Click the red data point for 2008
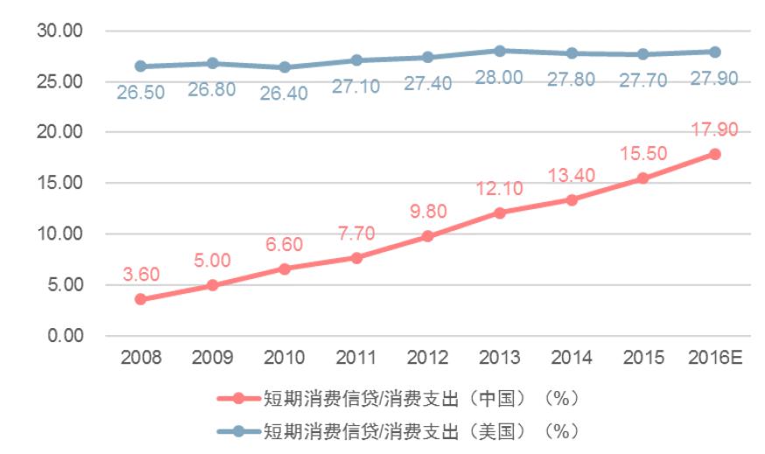(141, 299)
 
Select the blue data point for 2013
(499, 51)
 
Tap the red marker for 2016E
(715, 154)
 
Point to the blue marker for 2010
(284, 67)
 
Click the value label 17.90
(713, 129)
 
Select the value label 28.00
(499, 77)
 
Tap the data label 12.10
(500, 189)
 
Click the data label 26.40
(284, 93)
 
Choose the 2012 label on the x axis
(428, 358)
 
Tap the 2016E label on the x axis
(715, 358)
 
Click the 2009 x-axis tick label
(213, 358)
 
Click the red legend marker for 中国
(237, 398)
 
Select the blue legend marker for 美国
(237, 431)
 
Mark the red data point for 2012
(428, 236)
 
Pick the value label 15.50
(643, 154)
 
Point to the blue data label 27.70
(643, 80)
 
